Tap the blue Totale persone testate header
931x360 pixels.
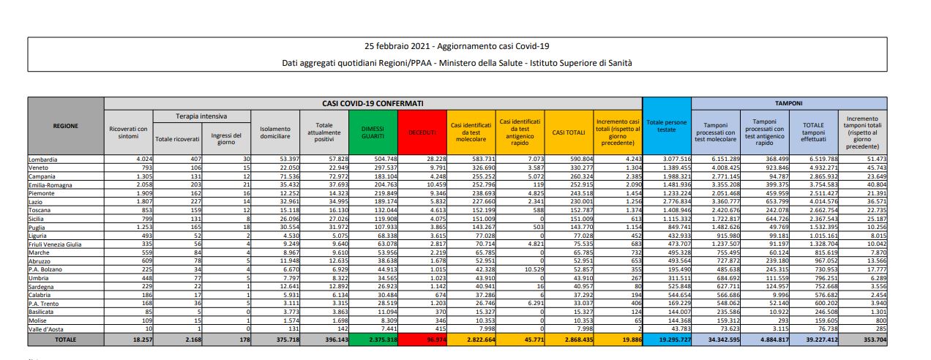(x=667, y=126)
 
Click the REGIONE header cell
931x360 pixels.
(x=66, y=126)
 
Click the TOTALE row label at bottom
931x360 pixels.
(x=66, y=340)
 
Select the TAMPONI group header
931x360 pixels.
(x=788, y=104)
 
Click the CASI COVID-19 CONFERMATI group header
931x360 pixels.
(x=373, y=104)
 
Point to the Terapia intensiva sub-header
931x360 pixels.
(x=201, y=116)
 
